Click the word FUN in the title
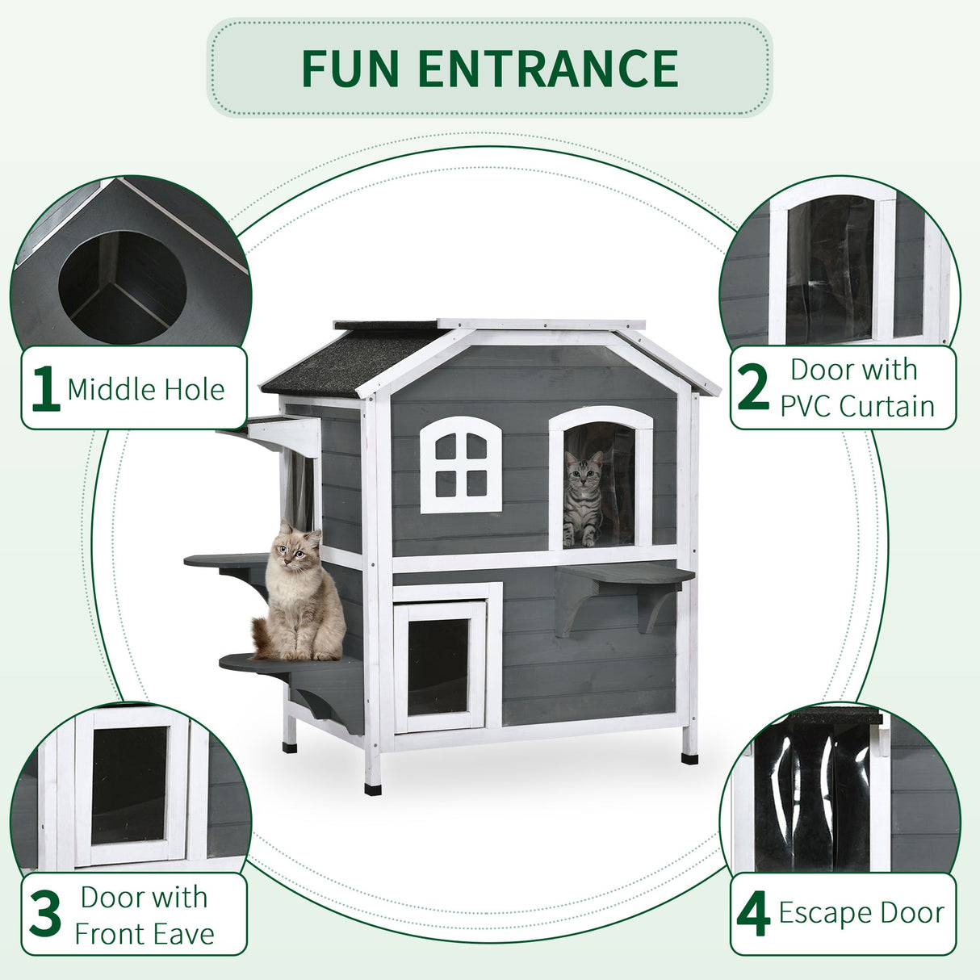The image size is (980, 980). [x=349, y=69]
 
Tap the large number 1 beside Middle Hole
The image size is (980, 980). [x=45, y=388]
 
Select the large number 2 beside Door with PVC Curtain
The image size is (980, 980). [x=753, y=388]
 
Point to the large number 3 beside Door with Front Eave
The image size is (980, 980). [x=45, y=915]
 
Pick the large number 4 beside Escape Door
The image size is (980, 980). [x=753, y=915]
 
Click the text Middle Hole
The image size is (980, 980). [x=146, y=390]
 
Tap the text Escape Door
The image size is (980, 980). [x=861, y=913]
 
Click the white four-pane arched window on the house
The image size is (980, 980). [x=460, y=466]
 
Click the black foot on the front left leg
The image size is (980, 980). [x=372, y=788]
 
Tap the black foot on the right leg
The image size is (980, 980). [x=689, y=758]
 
